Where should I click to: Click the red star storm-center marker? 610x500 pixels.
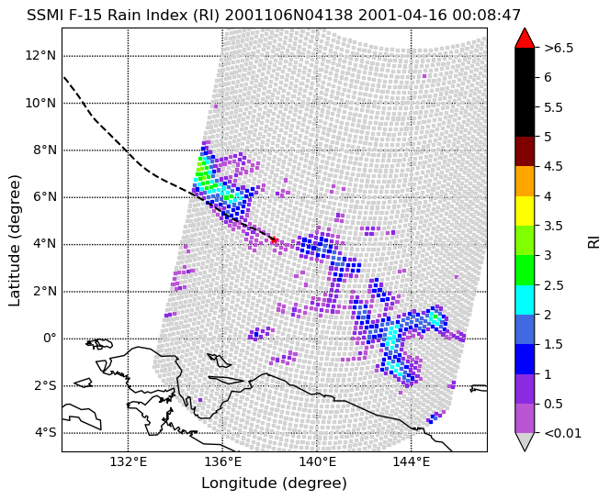275,239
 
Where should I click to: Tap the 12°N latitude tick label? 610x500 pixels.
40,56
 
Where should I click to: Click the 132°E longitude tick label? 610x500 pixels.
129,461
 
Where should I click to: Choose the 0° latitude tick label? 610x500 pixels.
50,339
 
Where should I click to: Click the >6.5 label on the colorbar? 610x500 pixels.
559,49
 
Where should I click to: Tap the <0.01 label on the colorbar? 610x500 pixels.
562,433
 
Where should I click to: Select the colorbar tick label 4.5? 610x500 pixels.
553,166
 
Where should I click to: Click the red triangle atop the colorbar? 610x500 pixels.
525,39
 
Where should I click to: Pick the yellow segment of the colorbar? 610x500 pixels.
525,211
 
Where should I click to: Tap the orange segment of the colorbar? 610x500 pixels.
525,182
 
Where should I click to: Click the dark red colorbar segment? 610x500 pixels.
525,151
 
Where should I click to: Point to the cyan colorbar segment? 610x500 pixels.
525,300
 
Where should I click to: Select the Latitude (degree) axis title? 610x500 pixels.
15,240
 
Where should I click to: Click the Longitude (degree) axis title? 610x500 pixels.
275,483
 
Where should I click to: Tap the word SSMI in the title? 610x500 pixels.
40,16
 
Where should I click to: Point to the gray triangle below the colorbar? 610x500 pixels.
525,441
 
